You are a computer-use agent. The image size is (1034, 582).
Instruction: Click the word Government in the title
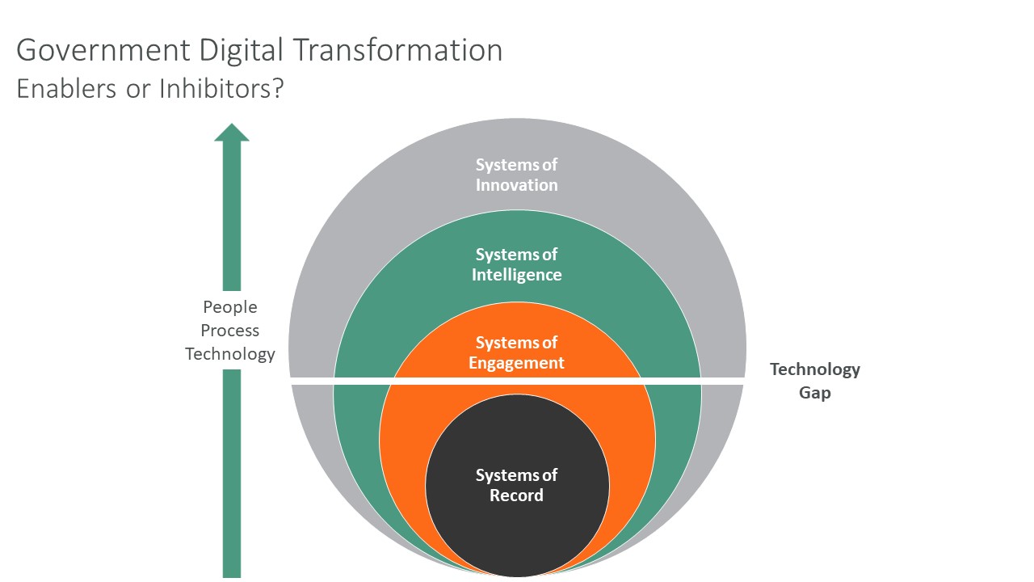point(96,51)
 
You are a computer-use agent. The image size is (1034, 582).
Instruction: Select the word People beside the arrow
point(230,307)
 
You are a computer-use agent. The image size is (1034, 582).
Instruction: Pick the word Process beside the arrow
point(230,331)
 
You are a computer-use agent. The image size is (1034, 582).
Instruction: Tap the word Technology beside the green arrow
point(230,354)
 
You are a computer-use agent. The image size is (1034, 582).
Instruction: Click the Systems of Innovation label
point(517,175)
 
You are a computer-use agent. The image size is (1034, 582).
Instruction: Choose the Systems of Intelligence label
point(517,264)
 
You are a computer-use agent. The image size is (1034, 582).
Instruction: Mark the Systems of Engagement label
point(517,352)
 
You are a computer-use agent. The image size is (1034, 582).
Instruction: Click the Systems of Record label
point(517,485)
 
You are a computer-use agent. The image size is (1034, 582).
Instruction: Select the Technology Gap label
point(814,381)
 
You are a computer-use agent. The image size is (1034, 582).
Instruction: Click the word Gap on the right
point(814,393)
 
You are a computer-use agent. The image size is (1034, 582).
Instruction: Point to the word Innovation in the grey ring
point(517,185)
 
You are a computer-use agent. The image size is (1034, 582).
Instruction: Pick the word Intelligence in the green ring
point(517,275)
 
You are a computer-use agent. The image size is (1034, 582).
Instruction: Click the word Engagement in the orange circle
point(517,363)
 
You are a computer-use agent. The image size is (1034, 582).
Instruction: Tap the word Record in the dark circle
point(517,496)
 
